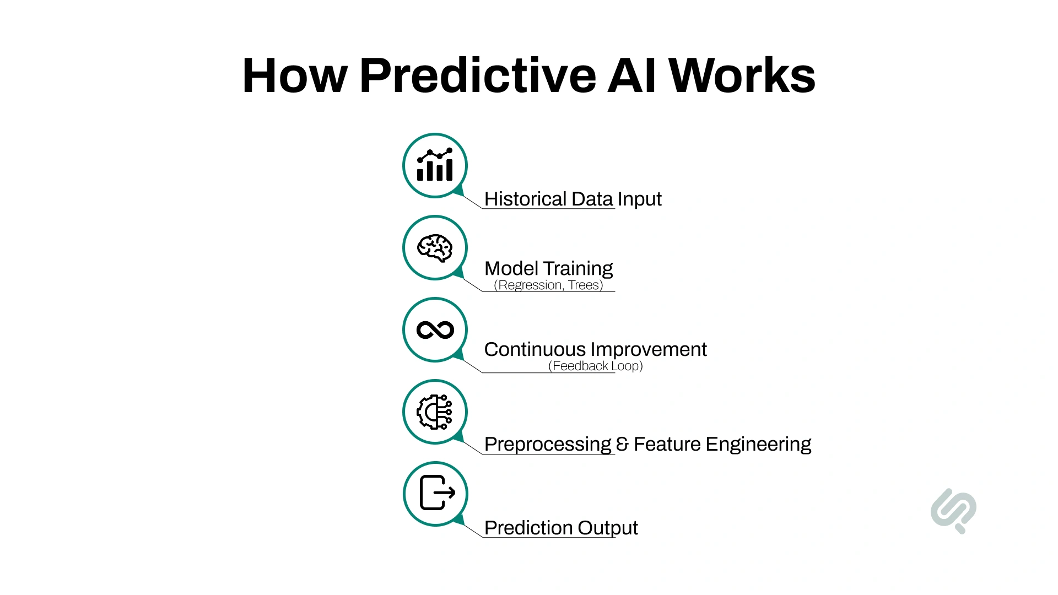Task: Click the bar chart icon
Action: pos(435,165)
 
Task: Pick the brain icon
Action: pos(435,248)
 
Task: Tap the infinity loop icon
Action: pos(435,330)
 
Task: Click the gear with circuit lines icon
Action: pos(435,412)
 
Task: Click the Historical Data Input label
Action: pos(573,199)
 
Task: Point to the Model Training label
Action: pos(548,268)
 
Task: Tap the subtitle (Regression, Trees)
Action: pos(548,285)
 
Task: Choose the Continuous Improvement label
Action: pos(595,349)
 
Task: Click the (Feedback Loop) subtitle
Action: pos(595,366)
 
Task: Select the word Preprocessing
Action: pos(548,444)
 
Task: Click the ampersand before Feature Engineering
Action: pos(622,444)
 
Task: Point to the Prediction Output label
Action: pos(561,528)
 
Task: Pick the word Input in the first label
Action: pos(639,199)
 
